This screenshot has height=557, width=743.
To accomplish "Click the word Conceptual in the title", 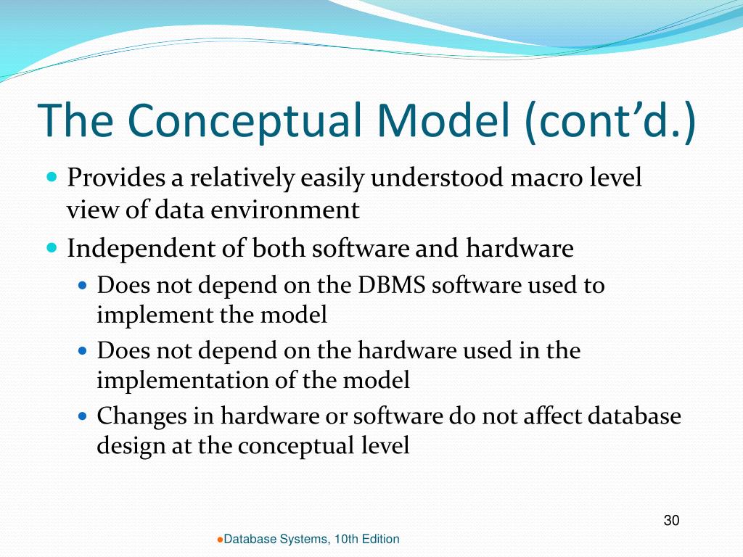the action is coord(247,120).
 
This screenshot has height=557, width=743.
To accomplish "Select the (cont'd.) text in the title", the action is coord(610,121).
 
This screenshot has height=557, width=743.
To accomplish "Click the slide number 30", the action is coord(671,520).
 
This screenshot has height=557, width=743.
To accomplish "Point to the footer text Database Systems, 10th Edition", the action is coord(311,539).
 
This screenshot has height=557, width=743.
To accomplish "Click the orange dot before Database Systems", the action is coord(220,540).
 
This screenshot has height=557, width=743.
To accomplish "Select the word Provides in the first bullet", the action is coord(117,178).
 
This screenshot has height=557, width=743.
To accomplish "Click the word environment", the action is coord(285,210).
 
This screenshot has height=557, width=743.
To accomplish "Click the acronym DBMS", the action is coord(391,285).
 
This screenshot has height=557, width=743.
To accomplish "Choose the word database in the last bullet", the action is coord(634,416).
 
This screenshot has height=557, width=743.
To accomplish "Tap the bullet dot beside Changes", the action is coord(83,417).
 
